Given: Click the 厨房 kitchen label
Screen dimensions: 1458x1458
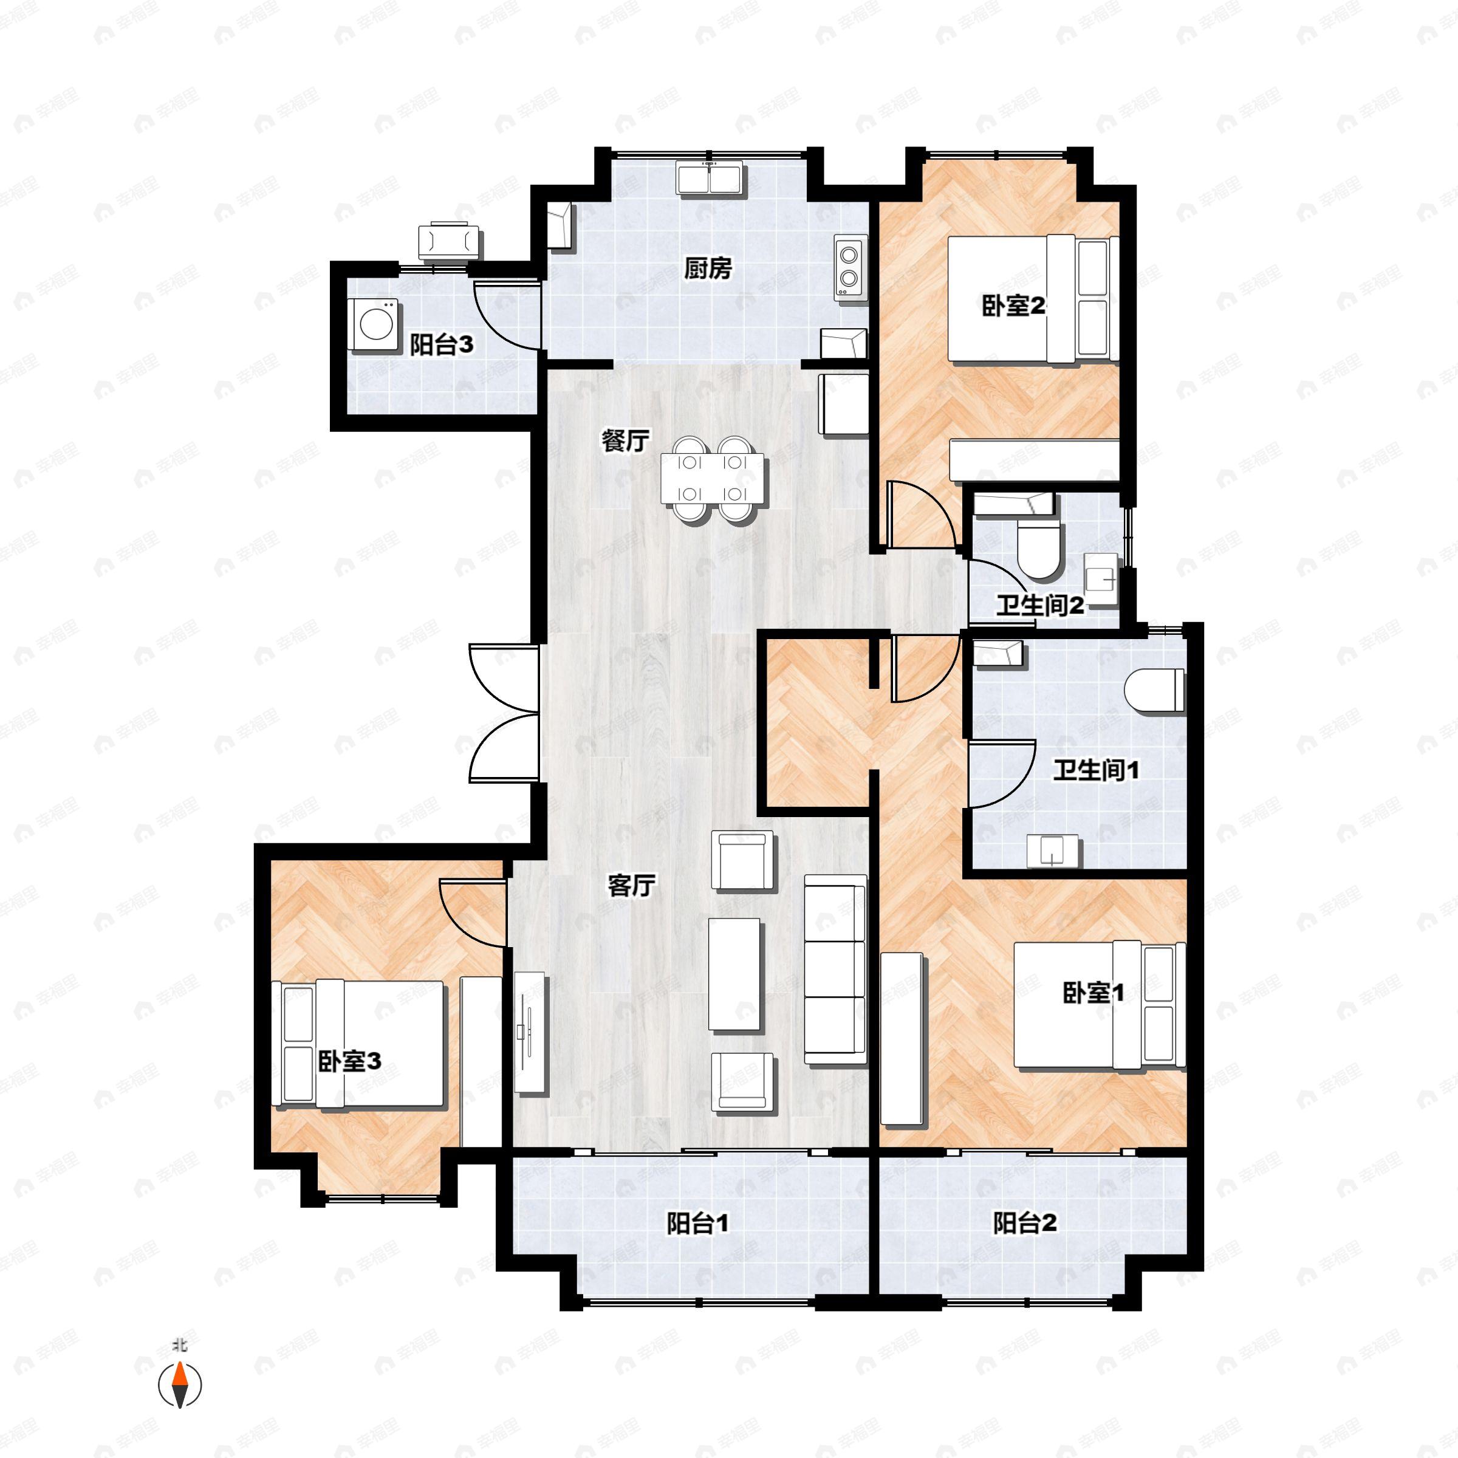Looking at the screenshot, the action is tap(708, 268).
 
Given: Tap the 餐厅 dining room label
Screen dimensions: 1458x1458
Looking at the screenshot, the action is tap(625, 440).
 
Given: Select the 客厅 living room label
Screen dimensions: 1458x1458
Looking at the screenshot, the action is tap(631, 885).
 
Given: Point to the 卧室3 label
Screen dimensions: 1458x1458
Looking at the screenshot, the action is tap(349, 1062).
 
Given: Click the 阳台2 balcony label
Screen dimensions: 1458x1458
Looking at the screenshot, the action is tap(1024, 1224).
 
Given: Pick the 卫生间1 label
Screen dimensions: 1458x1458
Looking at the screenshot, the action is tap(1096, 770).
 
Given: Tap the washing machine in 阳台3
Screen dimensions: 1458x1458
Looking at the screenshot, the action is tap(375, 325).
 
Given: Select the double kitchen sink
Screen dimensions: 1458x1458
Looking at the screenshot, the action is tap(710, 178).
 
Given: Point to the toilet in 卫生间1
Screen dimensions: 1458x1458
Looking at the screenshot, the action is tap(1154, 690).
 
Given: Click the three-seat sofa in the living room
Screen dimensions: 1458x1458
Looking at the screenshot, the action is tap(835, 970).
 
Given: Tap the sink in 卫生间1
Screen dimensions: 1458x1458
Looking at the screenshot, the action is tap(1053, 850).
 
